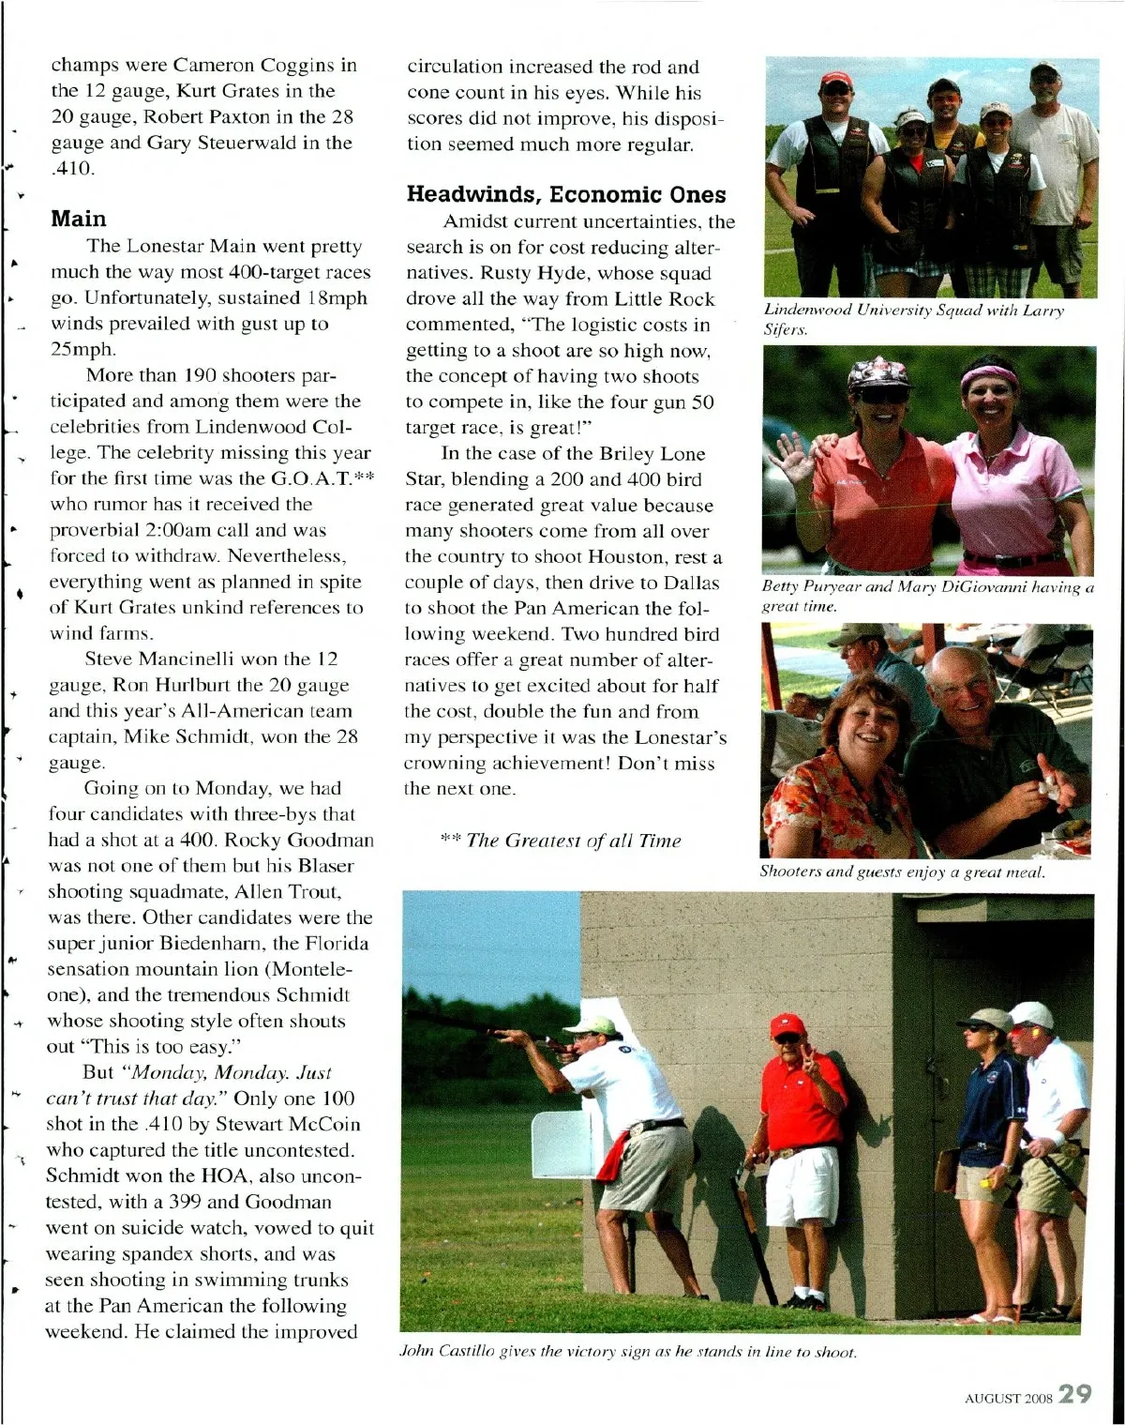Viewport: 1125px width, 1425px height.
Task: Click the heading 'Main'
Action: click(79, 220)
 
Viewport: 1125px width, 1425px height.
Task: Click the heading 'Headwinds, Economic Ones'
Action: click(566, 194)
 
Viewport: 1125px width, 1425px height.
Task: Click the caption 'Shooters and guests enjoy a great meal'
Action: click(902, 872)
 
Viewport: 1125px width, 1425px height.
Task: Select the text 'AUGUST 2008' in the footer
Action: click(1008, 1398)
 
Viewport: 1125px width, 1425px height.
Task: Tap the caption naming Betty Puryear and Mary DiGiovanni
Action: click(927, 597)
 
